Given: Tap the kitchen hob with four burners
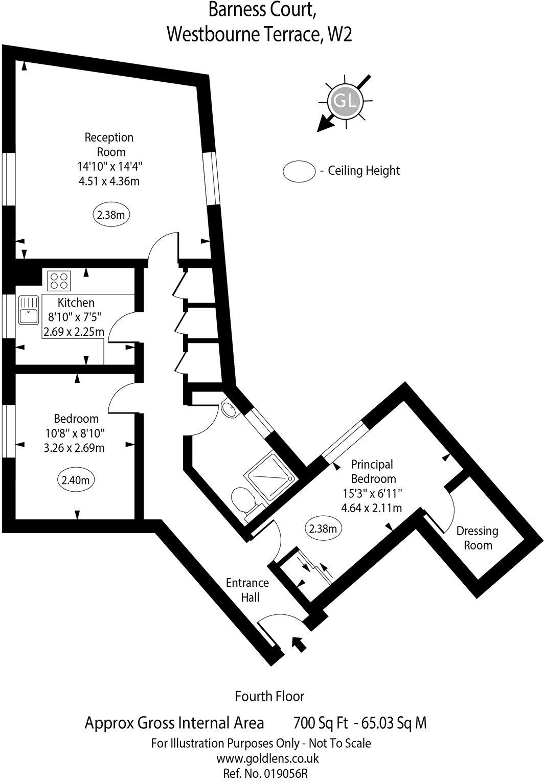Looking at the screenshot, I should point(59,281).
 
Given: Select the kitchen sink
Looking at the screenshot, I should point(29,310).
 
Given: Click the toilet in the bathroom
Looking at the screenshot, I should point(243,500).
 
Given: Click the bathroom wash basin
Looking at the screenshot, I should point(229,409).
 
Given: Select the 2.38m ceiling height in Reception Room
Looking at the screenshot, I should point(110,215).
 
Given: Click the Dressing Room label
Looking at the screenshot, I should point(478,538).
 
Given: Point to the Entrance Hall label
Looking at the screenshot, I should point(248,590).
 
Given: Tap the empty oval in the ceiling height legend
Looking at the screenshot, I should point(299,171).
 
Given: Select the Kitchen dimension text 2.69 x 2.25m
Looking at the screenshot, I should point(74,332).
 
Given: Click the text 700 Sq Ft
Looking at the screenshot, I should point(321,723).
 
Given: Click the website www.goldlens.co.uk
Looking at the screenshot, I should point(268,759).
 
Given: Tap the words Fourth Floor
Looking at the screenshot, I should point(269,696).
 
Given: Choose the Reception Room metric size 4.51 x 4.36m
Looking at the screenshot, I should point(108,180).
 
